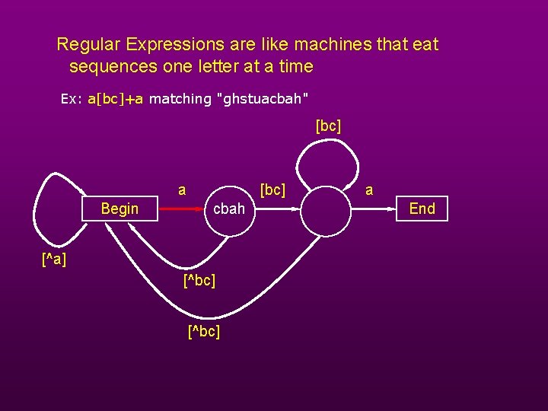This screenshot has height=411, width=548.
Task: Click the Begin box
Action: coord(119,209)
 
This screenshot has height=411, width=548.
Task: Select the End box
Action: coord(422,209)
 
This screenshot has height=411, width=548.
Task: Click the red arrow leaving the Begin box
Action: coord(183,209)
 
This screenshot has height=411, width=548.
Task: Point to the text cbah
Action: coord(228,209)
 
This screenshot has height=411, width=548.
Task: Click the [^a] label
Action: coord(53,260)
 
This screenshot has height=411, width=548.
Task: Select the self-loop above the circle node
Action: coord(327,160)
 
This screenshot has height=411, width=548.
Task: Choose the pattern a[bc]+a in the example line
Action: coord(116,99)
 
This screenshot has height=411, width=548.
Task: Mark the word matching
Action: coord(180,99)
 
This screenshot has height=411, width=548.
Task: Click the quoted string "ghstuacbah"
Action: coord(263,99)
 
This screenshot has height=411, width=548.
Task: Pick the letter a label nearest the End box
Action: coord(369,190)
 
